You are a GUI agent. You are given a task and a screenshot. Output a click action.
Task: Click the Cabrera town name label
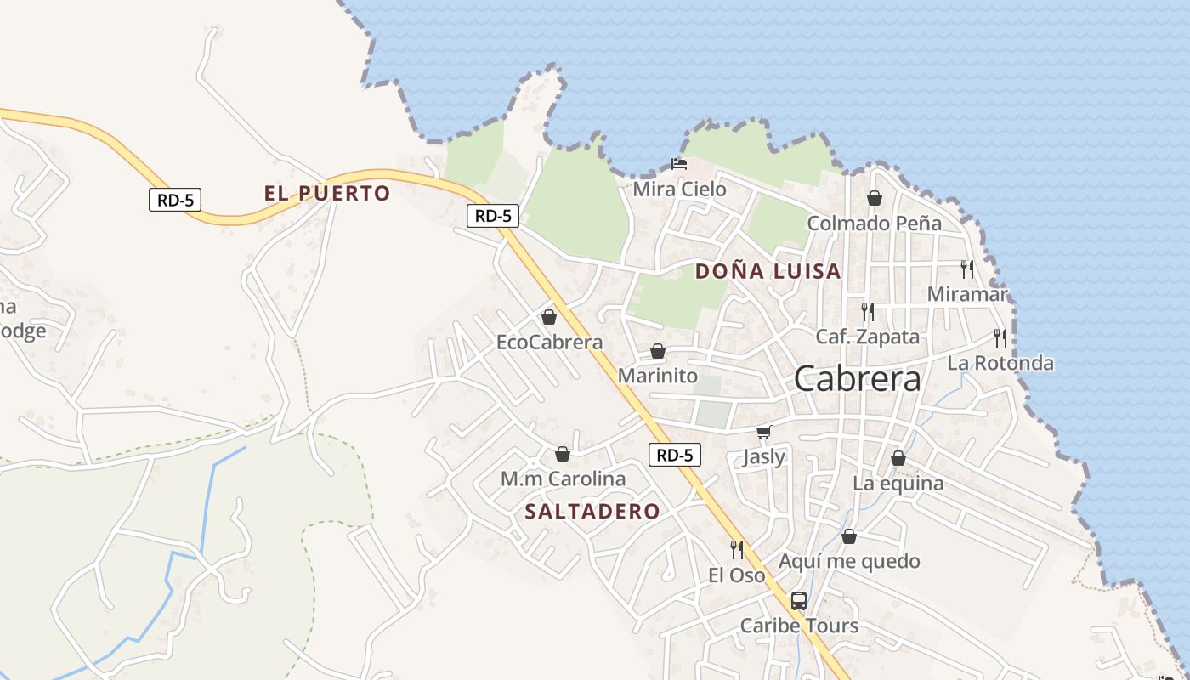click(x=857, y=379)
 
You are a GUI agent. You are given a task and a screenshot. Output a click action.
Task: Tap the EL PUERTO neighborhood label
click(x=327, y=194)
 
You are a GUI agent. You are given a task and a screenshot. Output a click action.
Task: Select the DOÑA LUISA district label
click(x=768, y=272)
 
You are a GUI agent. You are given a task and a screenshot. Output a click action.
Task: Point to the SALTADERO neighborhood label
click(x=592, y=512)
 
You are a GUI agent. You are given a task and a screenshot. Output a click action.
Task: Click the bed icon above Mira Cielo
click(x=678, y=164)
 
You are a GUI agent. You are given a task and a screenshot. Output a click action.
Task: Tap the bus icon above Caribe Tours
click(x=798, y=601)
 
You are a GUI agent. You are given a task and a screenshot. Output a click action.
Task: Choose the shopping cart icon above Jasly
click(x=763, y=433)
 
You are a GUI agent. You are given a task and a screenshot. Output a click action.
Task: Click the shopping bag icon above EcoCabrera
click(x=549, y=317)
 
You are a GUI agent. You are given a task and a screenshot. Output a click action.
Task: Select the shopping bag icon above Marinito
click(x=657, y=351)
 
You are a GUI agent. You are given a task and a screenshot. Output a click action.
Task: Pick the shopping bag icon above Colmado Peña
click(x=874, y=198)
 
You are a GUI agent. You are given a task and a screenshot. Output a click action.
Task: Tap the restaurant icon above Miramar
click(x=966, y=269)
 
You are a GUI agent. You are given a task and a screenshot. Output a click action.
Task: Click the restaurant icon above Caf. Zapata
click(x=867, y=312)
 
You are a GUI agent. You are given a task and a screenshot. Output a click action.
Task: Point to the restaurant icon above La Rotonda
click(x=1000, y=338)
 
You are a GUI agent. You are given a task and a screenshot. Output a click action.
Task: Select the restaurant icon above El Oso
click(x=736, y=550)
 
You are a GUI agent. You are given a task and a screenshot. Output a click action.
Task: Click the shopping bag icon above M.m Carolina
click(x=562, y=454)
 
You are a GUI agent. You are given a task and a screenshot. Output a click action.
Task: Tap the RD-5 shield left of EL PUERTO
click(x=174, y=201)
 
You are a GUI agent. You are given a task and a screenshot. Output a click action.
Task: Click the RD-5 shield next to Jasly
click(x=675, y=455)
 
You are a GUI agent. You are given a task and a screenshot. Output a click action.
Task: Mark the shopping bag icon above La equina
click(x=898, y=458)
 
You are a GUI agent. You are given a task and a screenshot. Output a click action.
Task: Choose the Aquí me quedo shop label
click(x=849, y=562)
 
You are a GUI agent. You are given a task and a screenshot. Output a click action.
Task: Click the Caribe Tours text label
click(x=799, y=626)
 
